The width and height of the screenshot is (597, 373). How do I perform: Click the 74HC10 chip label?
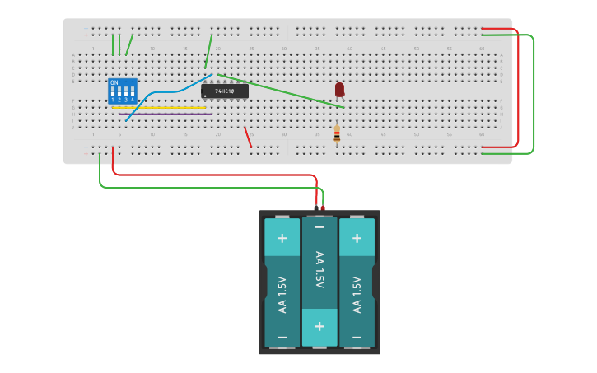(x=225, y=91)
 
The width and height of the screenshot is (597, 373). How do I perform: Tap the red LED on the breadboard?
(x=339, y=89)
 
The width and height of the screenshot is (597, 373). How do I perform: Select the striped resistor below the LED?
(x=337, y=134)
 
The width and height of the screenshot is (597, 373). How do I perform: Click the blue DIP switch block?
(x=122, y=91)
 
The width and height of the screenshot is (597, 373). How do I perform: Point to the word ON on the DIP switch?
(x=114, y=83)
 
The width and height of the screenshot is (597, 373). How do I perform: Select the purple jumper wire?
(x=165, y=114)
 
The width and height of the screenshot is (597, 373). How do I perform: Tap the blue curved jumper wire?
(x=165, y=91)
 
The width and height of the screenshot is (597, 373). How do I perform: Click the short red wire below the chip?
(x=247, y=137)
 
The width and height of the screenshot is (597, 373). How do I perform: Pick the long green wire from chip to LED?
(x=280, y=91)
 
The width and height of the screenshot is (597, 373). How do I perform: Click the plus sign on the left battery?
(x=282, y=238)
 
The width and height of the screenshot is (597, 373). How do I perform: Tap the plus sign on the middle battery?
(x=319, y=325)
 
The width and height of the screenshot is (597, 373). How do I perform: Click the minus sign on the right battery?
(x=357, y=338)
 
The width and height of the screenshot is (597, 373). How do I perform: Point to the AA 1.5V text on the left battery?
(x=282, y=294)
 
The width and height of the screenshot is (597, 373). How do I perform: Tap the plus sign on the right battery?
(x=357, y=238)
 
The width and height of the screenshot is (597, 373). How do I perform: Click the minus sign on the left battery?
(x=282, y=338)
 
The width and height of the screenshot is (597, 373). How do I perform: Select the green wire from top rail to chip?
(x=209, y=51)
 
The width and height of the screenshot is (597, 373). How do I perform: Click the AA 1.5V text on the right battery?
(x=357, y=294)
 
